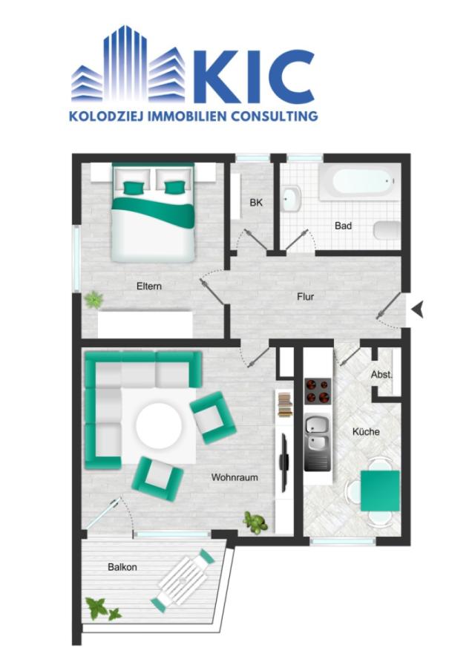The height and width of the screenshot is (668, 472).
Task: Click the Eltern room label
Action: (x=148, y=286)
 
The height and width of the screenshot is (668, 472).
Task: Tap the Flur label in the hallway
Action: (x=305, y=297)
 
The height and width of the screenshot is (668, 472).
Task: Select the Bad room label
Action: (x=343, y=226)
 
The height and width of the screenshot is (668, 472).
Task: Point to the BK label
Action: (x=256, y=203)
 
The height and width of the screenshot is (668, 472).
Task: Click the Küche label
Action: (x=367, y=431)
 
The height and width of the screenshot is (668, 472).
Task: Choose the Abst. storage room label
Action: (x=381, y=375)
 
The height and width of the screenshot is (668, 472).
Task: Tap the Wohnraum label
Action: (x=235, y=477)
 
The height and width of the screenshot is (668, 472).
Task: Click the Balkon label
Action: (x=122, y=567)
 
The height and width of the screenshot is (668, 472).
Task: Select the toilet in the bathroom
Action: (x=387, y=230)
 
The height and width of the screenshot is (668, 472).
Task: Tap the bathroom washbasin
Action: (x=290, y=197)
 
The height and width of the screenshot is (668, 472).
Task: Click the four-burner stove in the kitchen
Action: (x=319, y=390)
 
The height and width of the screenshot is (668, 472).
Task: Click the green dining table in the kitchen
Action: (x=381, y=491)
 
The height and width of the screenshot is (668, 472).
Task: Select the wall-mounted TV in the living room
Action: (x=283, y=461)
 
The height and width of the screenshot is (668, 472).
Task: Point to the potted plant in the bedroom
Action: (x=94, y=300)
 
